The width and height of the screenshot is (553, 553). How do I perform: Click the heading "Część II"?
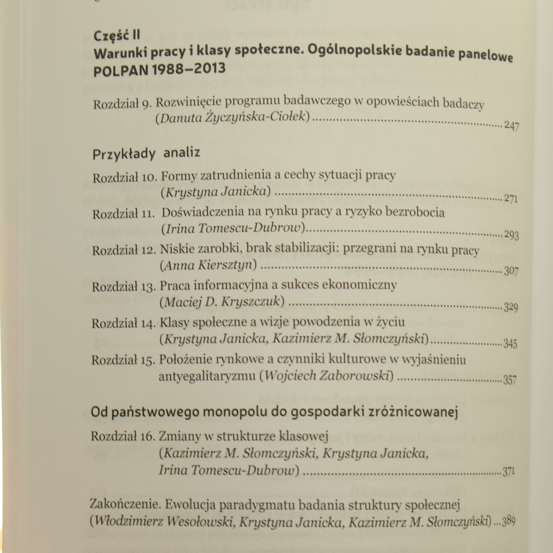point(117,36)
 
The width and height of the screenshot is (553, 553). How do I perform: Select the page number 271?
point(510,199)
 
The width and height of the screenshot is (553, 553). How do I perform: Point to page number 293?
point(511,235)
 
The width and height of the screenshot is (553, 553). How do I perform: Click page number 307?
point(511,271)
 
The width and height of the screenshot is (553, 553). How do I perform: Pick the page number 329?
point(511,307)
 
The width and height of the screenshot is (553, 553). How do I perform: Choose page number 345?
point(510,344)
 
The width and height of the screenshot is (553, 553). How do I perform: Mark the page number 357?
point(510,380)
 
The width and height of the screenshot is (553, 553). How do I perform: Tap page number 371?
point(508,471)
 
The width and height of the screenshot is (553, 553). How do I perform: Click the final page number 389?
point(508,522)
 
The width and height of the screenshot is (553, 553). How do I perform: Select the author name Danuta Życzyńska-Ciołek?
point(233,118)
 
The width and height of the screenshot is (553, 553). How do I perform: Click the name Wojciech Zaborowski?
point(327,376)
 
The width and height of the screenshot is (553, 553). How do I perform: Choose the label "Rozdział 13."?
point(124,287)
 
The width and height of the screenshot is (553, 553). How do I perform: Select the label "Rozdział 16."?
point(123,436)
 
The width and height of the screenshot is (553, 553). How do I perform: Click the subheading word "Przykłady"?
point(124,154)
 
